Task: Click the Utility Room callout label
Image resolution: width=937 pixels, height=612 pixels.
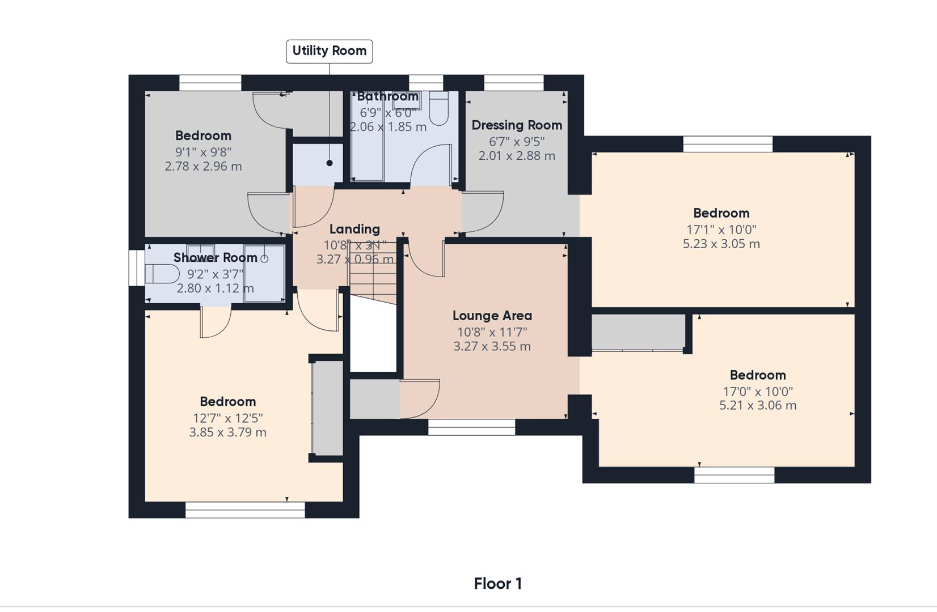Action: click(329, 52)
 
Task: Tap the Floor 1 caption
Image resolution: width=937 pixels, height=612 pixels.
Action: click(498, 584)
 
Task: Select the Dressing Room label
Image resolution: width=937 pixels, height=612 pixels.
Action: click(517, 125)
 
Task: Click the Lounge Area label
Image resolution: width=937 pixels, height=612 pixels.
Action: click(492, 316)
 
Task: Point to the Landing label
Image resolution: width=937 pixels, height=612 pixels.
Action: click(354, 229)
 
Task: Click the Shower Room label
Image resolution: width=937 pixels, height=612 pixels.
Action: click(216, 257)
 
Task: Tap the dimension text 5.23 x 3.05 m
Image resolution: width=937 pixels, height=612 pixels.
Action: click(721, 244)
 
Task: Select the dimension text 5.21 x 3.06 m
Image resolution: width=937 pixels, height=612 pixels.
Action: click(758, 406)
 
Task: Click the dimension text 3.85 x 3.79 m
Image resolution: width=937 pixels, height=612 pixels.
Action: click(227, 432)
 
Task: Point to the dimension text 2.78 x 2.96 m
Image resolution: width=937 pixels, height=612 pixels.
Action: click(203, 167)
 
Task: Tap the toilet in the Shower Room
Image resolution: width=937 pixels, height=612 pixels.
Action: click(162, 274)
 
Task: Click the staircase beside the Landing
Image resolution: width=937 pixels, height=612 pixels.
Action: click(373, 273)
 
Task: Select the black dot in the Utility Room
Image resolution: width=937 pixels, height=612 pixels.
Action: click(330, 163)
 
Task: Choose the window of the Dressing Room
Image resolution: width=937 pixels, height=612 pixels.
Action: click(514, 83)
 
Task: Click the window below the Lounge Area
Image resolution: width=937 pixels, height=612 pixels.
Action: click(472, 427)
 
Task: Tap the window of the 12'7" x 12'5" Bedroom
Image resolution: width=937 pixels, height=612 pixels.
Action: click(245, 510)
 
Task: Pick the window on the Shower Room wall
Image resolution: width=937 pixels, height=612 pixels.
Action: click(137, 267)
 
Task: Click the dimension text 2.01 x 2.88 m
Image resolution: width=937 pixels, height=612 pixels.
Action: click(517, 156)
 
